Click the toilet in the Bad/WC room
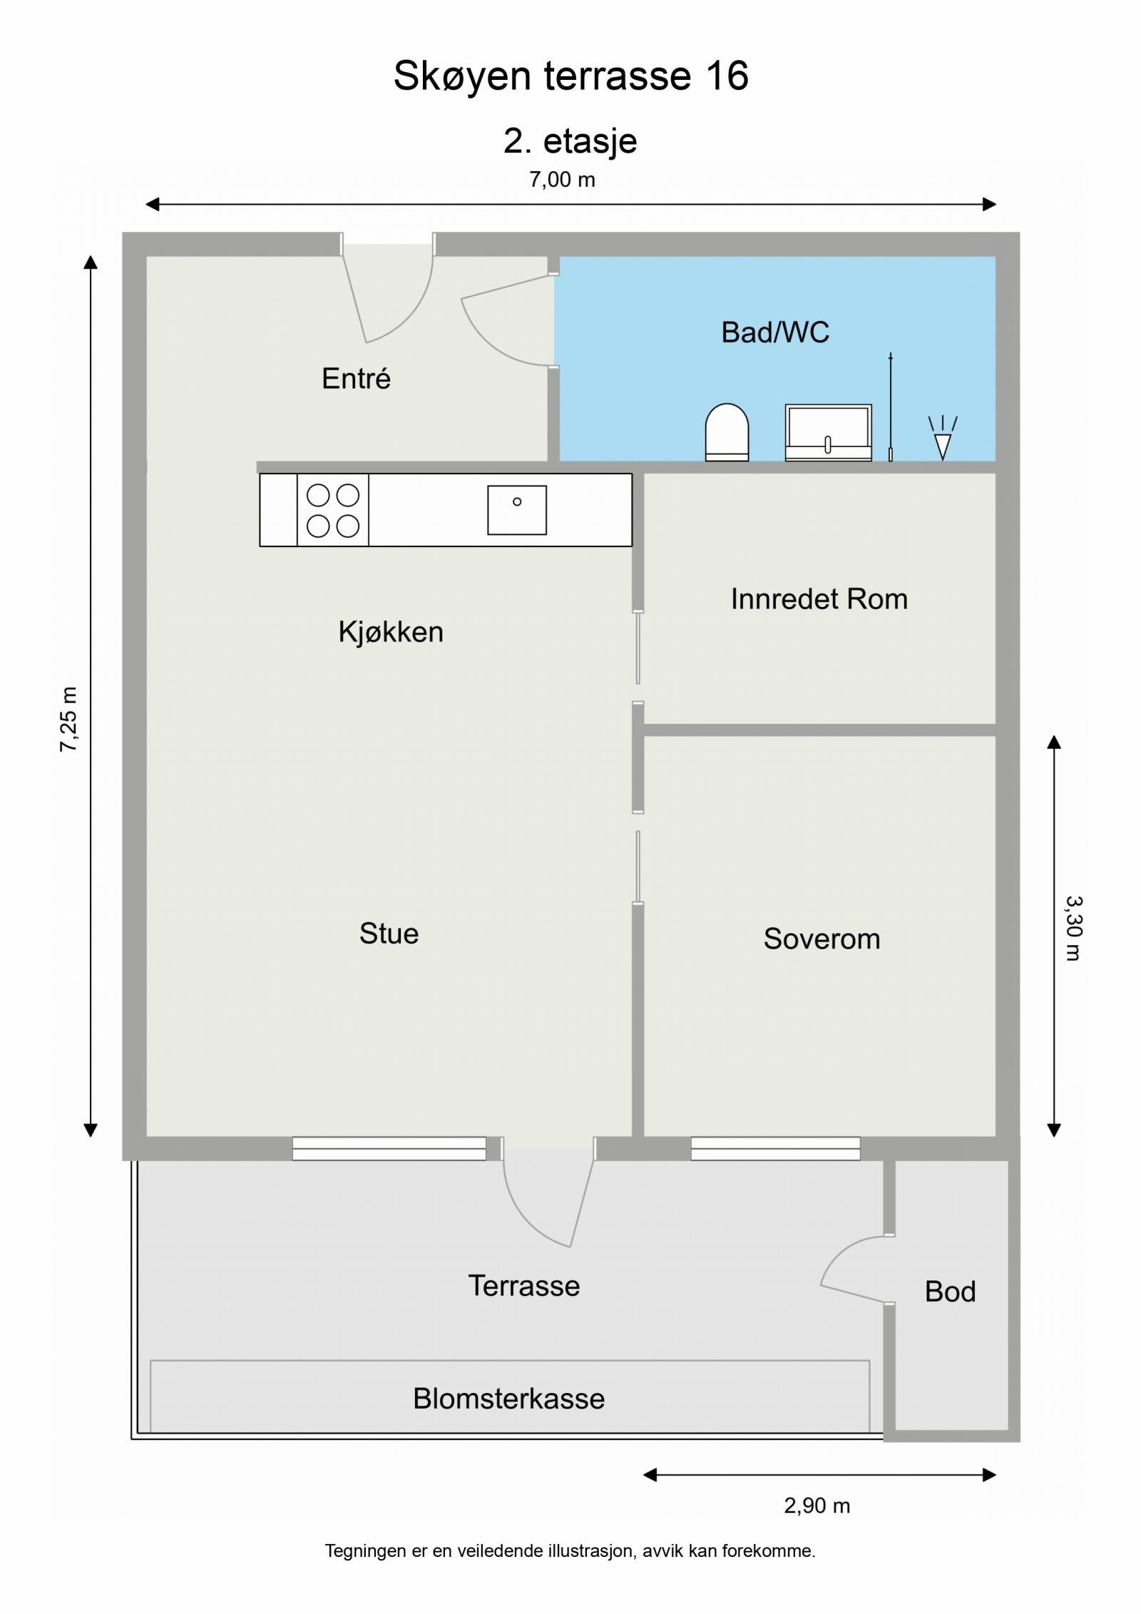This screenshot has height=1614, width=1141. pyautogui.click(x=727, y=432)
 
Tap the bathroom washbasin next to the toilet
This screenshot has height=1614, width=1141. pyautogui.click(x=828, y=433)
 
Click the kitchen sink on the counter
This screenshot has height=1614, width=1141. pyautogui.click(x=517, y=510)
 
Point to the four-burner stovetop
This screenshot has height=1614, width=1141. pyautogui.click(x=333, y=510)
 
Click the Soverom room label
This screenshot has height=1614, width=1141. pyautogui.click(x=822, y=939)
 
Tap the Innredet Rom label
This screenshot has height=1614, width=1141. pyautogui.click(x=819, y=598)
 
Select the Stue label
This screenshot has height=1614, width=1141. pyautogui.click(x=389, y=933)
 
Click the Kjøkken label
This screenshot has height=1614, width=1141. pyautogui.click(x=391, y=632)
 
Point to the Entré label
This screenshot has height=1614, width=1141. pyautogui.click(x=356, y=378)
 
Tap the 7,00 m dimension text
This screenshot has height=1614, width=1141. pyautogui.click(x=562, y=180)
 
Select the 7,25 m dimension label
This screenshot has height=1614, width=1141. pyautogui.click(x=69, y=720)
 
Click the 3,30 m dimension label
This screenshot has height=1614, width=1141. pyautogui.click(x=1073, y=929)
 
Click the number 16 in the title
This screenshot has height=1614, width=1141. pyautogui.click(x=727, y=76)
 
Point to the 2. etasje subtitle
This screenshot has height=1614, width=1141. pyautogui.click(x=570, y=141)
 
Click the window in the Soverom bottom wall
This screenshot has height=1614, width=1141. pyautogui.click(x=775, y=1148)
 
